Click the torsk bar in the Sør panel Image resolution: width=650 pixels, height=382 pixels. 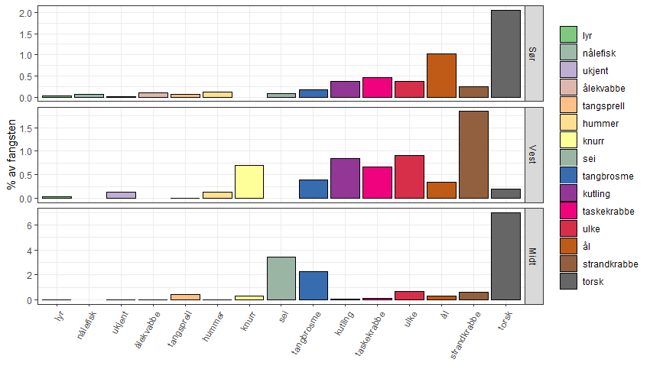point(505,53)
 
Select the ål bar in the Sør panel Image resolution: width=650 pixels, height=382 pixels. point(441,76)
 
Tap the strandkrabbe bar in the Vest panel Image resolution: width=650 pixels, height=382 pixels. point(473,155)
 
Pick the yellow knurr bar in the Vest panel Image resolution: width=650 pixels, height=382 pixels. point(249,182)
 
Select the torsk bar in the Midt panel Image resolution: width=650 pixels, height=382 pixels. point(505,256)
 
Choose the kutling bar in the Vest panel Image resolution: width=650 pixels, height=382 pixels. point(345,178)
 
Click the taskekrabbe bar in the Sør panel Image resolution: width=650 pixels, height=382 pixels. point(377,88)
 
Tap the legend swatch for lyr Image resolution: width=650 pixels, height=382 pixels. point(568,35)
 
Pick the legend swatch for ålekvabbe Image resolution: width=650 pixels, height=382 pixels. point(568,88)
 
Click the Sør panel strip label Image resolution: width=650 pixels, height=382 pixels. point(534,53)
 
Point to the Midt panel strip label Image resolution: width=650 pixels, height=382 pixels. point(534,255)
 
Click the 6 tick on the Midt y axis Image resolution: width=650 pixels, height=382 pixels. point(28,225)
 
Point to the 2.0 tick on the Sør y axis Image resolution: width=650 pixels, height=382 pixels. point(24,14)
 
